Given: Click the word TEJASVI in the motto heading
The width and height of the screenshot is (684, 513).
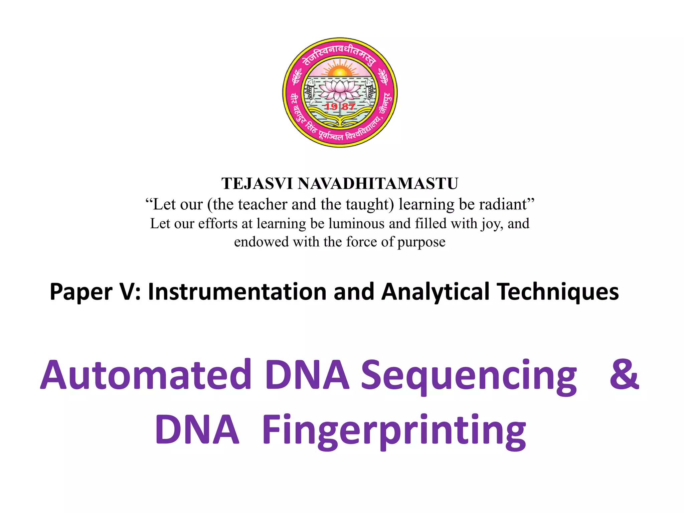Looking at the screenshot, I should coord(257,184).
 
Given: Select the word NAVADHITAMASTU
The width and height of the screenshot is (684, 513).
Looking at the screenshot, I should coord(378,184).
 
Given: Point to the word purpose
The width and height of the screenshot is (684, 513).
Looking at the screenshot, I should coord(421,242).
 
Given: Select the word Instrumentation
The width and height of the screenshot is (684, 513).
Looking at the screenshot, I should coord(237,292).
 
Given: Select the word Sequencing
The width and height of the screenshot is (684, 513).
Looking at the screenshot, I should coord(469,376).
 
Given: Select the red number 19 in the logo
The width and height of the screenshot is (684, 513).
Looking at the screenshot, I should coord(331,107).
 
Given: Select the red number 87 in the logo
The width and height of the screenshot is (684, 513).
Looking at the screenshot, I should coord(348,107).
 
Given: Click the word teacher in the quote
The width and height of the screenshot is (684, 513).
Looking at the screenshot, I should coord(263,204).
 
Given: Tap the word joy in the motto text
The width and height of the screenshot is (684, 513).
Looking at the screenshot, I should coord(492,224).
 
